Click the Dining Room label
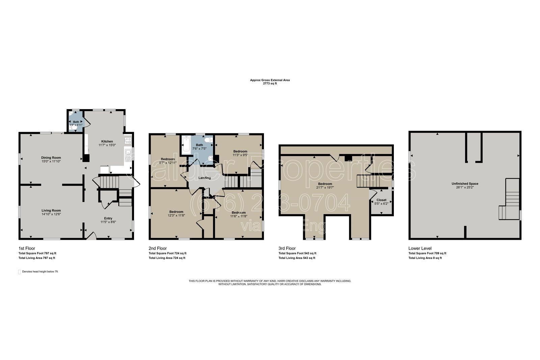tap(51, 157)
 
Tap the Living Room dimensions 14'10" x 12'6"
tap(51, 214)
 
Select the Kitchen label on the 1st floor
tap(107, 141)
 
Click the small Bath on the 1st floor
tap(76, 122)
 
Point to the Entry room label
tap(108, 218)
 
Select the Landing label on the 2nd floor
tap(205, 178)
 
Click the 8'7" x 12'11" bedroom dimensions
tap(168, 163)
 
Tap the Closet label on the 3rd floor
tap(381, 200)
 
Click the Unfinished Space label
tap(465, 184)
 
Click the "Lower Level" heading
tap(420, 248)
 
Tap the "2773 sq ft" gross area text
tap(270, 83)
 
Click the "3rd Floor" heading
tap(287, 248)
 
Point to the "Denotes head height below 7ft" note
tap(40, 272)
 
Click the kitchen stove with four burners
tap(128, 140)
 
